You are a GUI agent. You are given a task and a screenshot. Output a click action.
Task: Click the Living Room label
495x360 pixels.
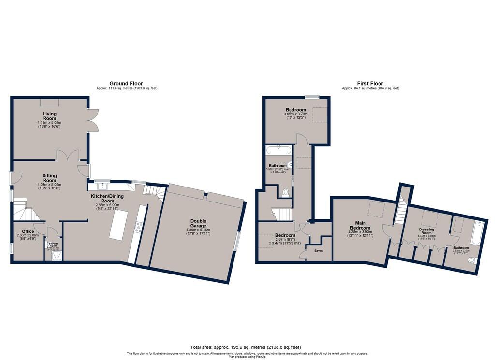(x=49, y=115)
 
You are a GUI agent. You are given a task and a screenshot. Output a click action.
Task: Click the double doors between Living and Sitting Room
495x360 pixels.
(x=68, y=156)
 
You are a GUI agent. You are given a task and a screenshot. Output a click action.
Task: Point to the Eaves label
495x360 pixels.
(x=318, y=251)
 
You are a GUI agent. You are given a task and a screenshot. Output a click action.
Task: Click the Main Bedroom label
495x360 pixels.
(x=360, y=225)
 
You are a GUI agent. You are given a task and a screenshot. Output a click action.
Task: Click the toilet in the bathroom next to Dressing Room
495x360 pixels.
(x=472, y=261)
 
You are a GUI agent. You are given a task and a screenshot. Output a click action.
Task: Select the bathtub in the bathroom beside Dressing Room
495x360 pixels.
(x=478, y=233)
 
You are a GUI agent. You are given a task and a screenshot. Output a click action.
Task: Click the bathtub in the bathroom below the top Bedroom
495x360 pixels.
(x=278, y=149)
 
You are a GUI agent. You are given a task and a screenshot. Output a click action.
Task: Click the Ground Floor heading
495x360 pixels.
(x=126, y=84)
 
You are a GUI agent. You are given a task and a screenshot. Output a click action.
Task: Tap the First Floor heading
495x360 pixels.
(x=370, y=84)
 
